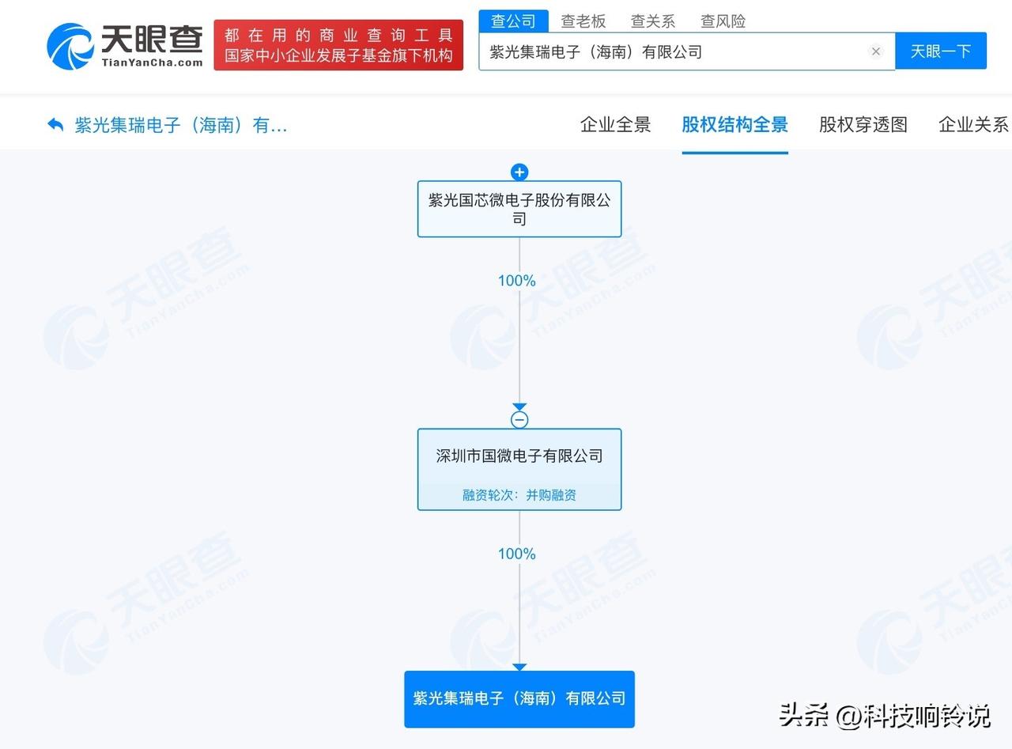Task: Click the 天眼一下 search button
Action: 940,51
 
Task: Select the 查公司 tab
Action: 513,21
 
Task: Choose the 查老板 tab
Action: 583,21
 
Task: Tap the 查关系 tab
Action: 652,21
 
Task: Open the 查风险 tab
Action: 723,21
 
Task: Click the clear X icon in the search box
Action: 876,51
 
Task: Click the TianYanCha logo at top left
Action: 125,45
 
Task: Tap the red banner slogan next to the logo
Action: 338,45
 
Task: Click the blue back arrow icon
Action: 55,125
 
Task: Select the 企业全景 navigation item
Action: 615,125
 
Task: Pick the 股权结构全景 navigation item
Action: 734,125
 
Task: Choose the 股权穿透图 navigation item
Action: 863,125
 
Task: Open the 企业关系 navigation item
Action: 973,125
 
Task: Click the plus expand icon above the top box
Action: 519,172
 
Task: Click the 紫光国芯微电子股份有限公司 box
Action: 519,210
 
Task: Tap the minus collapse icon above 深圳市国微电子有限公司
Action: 519,420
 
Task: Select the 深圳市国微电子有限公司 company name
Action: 519,456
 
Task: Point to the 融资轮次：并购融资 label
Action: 519,495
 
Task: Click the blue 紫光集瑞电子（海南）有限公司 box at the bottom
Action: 519,699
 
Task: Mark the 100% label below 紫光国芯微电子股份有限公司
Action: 517,281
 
